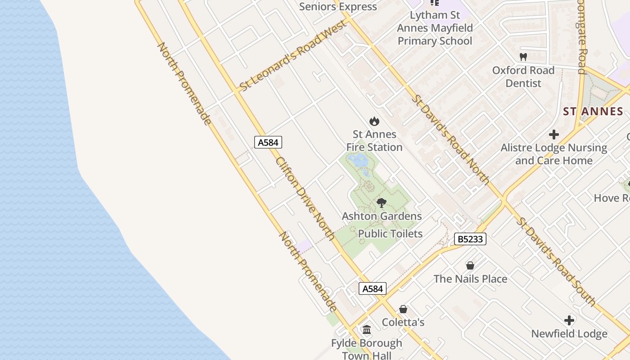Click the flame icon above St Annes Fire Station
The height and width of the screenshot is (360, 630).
pyautogui.click(x=374, y=121)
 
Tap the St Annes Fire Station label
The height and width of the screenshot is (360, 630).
pyautogui.click(x=374, y=140)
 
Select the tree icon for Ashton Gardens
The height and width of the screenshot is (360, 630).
pyautogui.click(x=382, y=203)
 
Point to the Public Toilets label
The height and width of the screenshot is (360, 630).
pyautogui.click(x=390, y=234)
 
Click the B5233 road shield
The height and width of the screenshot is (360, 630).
pyautogui.click(x=470, y=239)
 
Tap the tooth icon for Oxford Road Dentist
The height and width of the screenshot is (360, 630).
pyautogui.click(x=523, y=57)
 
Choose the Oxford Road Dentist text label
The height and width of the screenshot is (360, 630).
pyautogui.click(x=523, y=76)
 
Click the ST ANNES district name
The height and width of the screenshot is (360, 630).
pyautogui.click(x=593, y=112)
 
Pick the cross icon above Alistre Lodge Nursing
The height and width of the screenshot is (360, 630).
pyautogui.click(x=554, y=135)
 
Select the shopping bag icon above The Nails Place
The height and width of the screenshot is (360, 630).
pyautogui.click(x=470, y=265)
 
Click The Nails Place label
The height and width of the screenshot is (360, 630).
pyautogui.click(x=470, y=279)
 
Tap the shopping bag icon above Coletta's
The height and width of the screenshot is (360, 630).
pyautogui.click(x=403, y=309)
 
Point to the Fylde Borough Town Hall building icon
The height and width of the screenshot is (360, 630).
pyautogui.click(x=367, y=330)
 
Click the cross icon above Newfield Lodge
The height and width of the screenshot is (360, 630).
pyautogui.click(x=569, y=320)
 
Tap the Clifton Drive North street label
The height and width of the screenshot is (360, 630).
pyautogui.click(x=305, y=198)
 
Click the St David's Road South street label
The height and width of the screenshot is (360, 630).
pyautogui.click(x=556, y=262)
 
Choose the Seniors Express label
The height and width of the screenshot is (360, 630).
pyautogui.click(x=338, y=6)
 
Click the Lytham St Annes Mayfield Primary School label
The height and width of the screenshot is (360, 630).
pyautogui.click(x=435, y=28)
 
